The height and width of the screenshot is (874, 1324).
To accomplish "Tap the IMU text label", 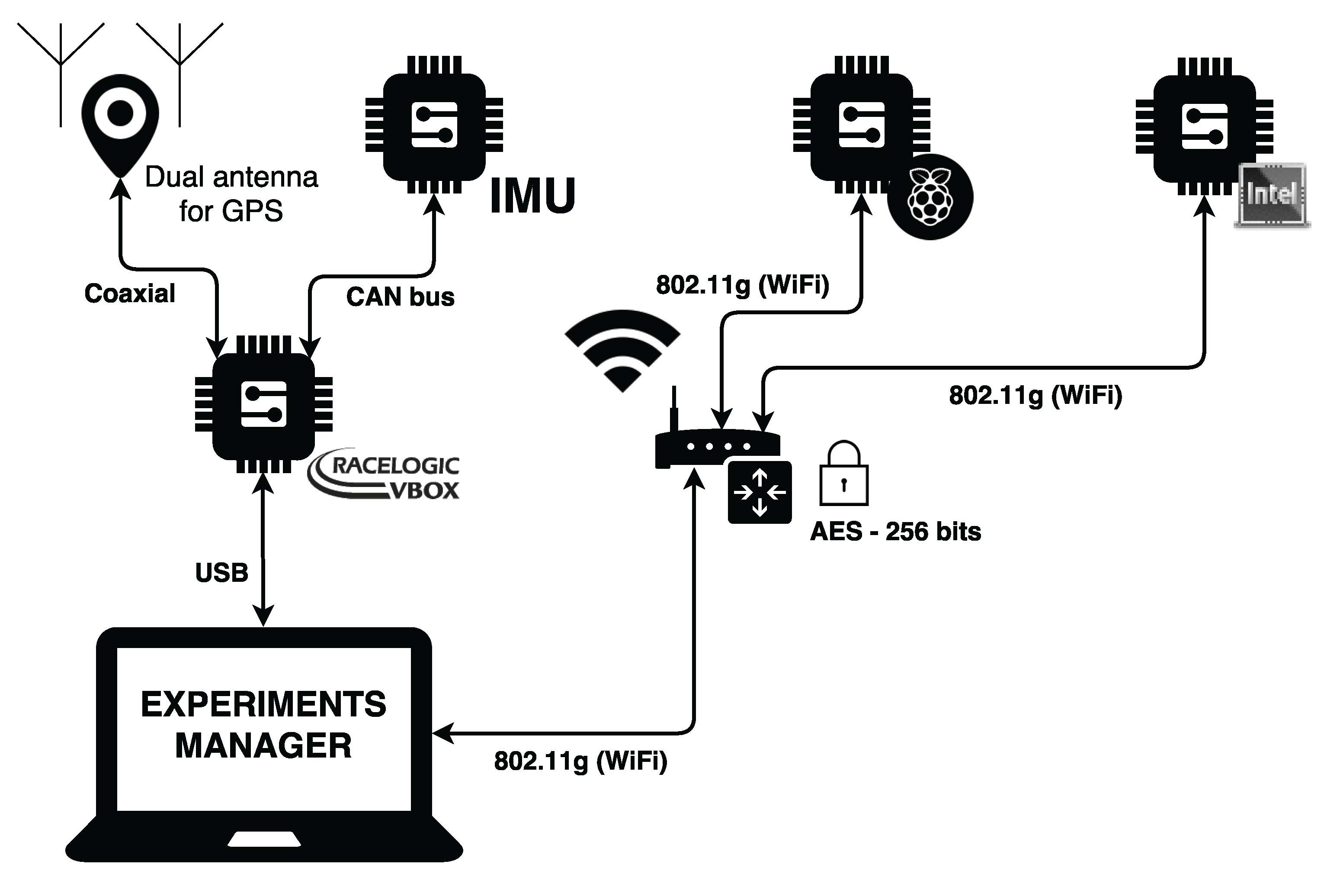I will click(532, 196).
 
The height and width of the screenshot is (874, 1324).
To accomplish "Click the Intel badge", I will click(1272, 195).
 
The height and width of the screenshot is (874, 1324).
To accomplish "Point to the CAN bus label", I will click(400, 297).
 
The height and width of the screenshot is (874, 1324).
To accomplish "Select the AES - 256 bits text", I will click(895, 532).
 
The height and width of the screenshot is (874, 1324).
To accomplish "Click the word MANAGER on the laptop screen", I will click(263, 746).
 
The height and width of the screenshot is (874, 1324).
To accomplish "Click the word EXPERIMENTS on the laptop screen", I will click(263, 704).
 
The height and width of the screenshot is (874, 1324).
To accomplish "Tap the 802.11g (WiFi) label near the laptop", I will click(580, 761).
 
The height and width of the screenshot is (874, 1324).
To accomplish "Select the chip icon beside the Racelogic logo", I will click(263, 405).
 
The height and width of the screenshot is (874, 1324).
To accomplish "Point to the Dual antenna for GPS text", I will click(231, 194).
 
